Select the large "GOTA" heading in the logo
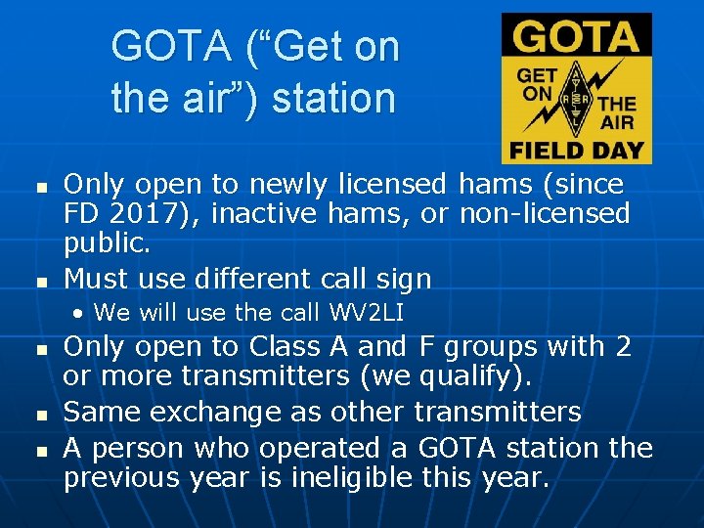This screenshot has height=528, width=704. pyautogui.click(x=576, y=39)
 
